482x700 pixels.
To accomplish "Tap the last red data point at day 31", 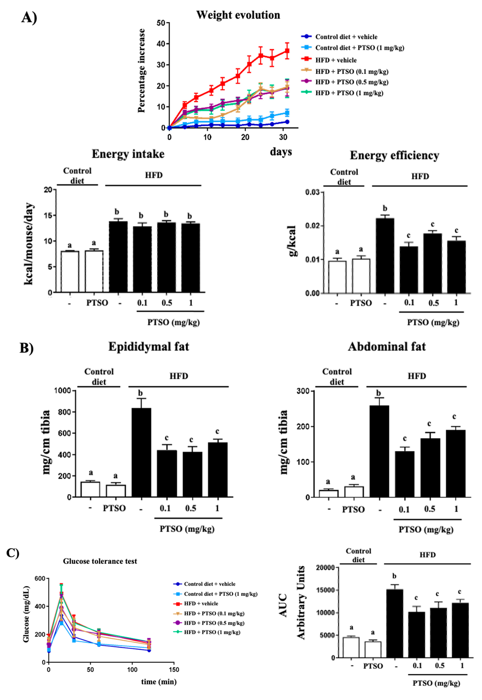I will [287, 51].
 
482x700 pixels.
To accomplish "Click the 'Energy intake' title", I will [128, 154].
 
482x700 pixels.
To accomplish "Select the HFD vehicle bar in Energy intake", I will [118, 257].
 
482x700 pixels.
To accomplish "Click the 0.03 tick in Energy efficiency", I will [313, 192].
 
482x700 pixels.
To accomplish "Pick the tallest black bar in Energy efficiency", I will [385, 255].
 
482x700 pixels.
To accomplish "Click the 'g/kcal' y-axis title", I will [292, 241].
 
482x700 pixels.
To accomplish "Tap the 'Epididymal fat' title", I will [149, 346].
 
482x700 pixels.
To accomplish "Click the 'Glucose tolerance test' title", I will [100, 561].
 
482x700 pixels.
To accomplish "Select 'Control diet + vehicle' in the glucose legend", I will [210, 584].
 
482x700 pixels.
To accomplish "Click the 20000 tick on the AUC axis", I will [325, 568].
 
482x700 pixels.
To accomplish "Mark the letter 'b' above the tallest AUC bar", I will [394, 576].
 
